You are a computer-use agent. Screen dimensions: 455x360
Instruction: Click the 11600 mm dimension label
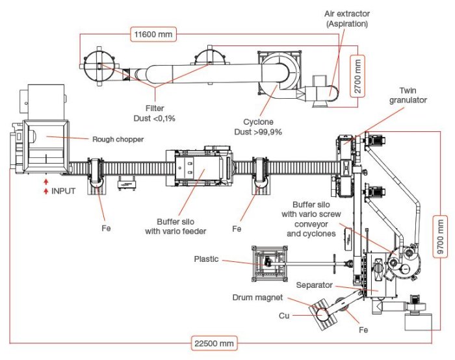(153, 34)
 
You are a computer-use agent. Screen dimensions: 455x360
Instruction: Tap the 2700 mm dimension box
(357, 76)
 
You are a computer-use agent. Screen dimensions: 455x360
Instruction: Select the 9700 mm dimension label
(440, 237)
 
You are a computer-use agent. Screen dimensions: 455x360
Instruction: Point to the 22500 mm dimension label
(214, 344)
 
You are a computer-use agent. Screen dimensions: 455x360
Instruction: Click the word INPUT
(63, 191)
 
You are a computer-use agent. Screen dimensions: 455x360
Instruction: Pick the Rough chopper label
(118, 139)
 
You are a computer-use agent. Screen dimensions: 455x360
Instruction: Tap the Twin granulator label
(408, 96)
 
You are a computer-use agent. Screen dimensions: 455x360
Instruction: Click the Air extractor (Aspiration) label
(347, 19)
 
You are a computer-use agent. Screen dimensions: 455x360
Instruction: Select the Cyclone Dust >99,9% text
(258, 127)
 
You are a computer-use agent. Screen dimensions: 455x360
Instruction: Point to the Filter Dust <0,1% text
(155, 114)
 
